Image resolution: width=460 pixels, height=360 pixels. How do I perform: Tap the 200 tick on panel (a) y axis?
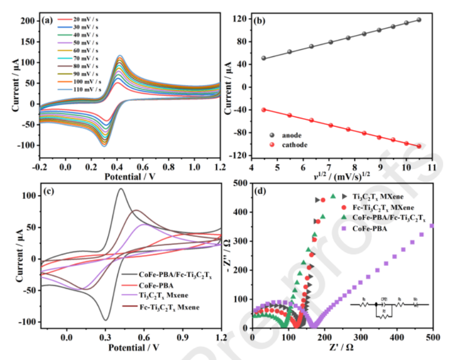tap(29, 21)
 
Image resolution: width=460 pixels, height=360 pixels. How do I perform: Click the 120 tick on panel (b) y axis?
tap(238, 19)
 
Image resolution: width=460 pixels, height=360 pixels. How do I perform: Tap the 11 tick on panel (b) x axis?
tap(432, 166)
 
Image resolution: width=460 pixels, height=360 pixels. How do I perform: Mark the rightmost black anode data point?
tap(419, 20)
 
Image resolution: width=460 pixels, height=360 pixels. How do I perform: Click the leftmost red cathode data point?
tap(263, 109)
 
